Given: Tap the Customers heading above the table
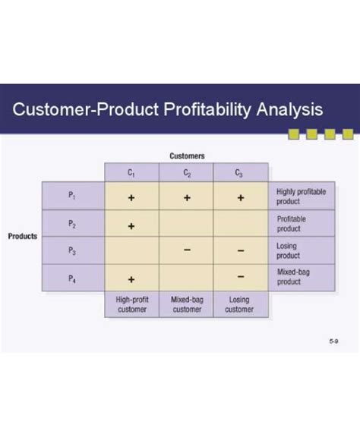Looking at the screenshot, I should click(x=186, y=156).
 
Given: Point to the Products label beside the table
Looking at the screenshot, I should click(x=23, y=236).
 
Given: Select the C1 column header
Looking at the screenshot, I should click(x=131, y=172).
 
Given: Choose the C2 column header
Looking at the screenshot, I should click(x=186, y=172).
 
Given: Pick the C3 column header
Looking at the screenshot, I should click(x=240, y=172).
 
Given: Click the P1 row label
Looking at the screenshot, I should click(x=72, y=196).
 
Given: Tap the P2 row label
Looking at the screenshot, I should click(x=72, y=224).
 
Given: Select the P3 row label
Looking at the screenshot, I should click(x=72, y=251).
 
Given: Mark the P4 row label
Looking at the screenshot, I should click(x=72, y=278).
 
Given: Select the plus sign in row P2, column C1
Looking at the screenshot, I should click(x=131, y=225).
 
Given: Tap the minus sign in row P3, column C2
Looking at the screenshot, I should click(x=186, y=251).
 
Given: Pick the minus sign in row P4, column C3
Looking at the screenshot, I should click(x=240, y=276).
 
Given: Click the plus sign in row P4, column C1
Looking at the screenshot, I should click(x=131, y=279).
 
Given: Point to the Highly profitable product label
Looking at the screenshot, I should click(x=301, y=196).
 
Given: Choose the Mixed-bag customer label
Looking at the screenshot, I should click(x=186, y=304).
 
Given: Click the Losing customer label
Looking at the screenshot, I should click(x=240, y=304).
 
